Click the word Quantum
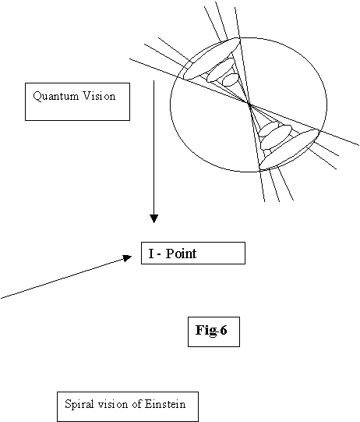tap(56, 96)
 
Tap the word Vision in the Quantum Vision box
tap(99, 96)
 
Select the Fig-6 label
tap(211, 330)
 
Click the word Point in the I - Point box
tap(181, 254)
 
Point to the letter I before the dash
tap(151, 254)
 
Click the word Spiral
tap(79, 405)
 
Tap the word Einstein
tap(165, 404)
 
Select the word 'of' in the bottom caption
tap(136, 404)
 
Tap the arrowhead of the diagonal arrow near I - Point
tap(128, 258)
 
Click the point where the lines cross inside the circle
tap(249, 105)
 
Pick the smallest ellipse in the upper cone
tap(231, 80)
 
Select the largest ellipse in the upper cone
tap(212, 59)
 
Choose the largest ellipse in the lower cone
tap(289, 149)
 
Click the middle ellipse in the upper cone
tap(221, 70)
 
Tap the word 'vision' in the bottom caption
tap(113, 404)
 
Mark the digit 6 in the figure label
tap(223, 330)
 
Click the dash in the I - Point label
tap(159, 254)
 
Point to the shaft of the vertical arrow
tap(154, 147)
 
